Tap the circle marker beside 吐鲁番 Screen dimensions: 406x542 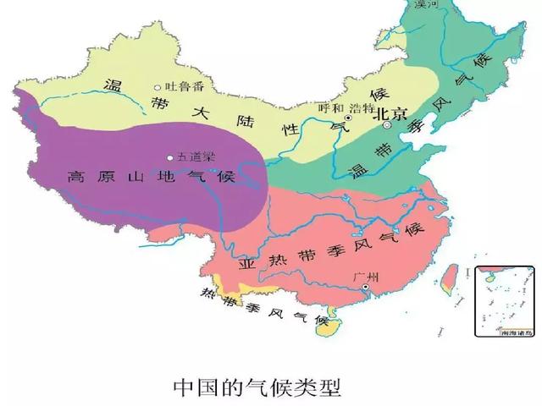point(158,86)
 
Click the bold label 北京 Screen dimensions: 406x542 point(393,111)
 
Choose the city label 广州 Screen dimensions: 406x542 point(368,275)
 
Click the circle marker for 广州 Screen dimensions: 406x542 point(365,288)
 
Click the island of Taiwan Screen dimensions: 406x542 point(450,277)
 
